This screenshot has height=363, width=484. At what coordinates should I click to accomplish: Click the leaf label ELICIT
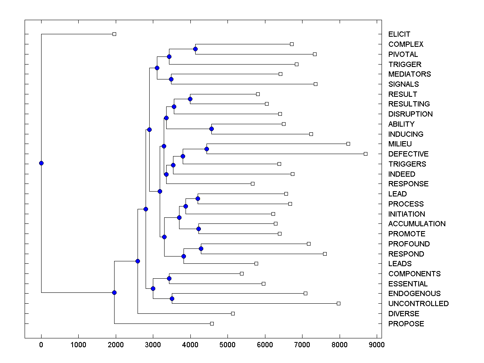(x=399, y=34)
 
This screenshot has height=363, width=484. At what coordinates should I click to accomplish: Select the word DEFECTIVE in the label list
(x=408, y=154)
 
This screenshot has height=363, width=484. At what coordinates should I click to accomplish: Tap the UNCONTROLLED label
(x=418, y=304)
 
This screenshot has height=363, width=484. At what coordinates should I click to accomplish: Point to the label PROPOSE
(x=406, y=324)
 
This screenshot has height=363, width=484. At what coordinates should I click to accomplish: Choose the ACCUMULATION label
(x=417, y=224)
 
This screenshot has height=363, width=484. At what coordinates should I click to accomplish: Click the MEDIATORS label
(x=409, y=74)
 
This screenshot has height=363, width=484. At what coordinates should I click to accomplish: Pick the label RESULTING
(x=409, y=104)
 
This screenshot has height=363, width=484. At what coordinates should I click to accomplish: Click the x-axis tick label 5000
(x=227, y=344)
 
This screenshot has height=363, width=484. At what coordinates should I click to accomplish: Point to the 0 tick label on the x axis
(x=41, y=344)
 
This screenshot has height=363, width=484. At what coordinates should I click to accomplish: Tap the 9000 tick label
(x=377, y=344)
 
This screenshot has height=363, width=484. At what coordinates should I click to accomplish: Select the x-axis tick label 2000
(x=116, y=344)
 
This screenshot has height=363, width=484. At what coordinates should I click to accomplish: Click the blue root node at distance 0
(x=41, y=163)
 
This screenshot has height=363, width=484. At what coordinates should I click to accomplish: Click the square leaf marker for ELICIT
(x=114, y=34)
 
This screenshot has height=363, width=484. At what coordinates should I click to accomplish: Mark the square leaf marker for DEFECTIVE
(x=365, y=154)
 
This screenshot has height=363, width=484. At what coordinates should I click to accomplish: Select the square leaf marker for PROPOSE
(x=212, y=323)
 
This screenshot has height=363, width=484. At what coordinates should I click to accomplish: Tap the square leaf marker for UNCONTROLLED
(x=338, y=303)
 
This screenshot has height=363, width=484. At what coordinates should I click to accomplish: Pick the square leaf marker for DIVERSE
(x=233, y=313)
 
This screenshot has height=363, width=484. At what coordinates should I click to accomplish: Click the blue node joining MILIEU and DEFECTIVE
(x=207, y=149)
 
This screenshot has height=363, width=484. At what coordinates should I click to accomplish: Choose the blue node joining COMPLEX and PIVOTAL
(x=195, y=49)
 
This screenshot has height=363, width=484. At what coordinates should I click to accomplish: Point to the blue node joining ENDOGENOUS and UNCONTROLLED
(x=172, y=298)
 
